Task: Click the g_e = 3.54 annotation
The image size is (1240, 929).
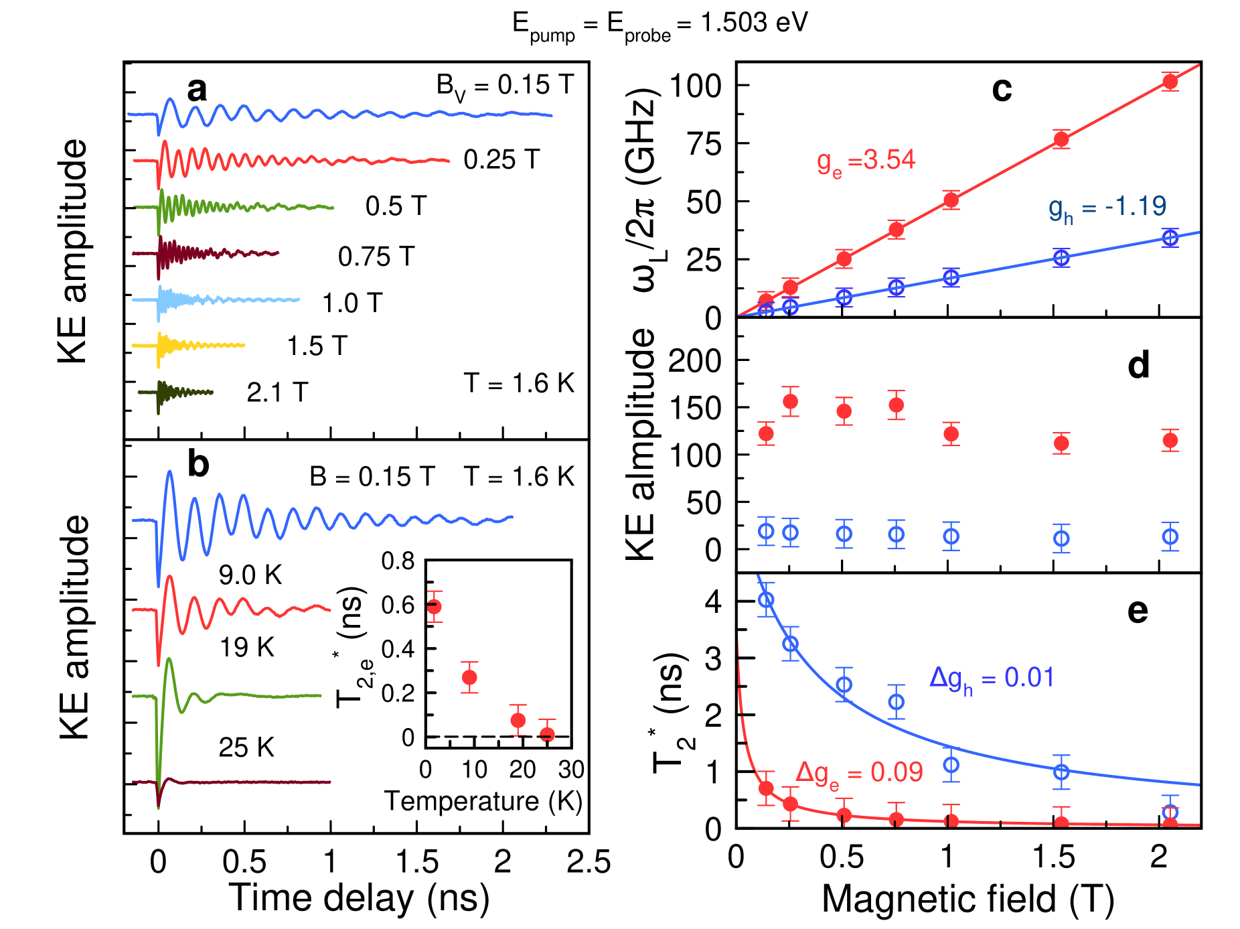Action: [866, 161]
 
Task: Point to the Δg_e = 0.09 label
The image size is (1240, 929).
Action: [859, 773]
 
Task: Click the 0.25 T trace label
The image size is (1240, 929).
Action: [501, 160]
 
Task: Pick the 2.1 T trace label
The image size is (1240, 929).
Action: [277, 392]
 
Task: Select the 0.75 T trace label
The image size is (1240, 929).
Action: [376, 257]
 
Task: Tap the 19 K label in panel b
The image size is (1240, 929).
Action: [247, 648]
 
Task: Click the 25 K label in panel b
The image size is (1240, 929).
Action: [246, 747]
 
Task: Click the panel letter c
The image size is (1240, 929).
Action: [1002, 90]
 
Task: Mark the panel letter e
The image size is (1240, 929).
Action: [1138, 611]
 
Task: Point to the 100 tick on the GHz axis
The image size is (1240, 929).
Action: [695, 86]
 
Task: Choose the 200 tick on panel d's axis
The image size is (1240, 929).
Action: [695, 362]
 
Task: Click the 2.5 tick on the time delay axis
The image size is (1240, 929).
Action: [589, 863]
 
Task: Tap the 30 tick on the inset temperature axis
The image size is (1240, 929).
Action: [571, 770]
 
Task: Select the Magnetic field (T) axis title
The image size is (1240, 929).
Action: [968, 899]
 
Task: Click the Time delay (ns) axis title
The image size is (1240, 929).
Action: [360, 898]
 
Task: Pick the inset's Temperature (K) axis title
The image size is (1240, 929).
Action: [483, 801]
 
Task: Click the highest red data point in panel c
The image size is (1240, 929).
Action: [1170, 82]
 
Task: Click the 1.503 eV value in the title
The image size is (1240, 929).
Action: [755, 23]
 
